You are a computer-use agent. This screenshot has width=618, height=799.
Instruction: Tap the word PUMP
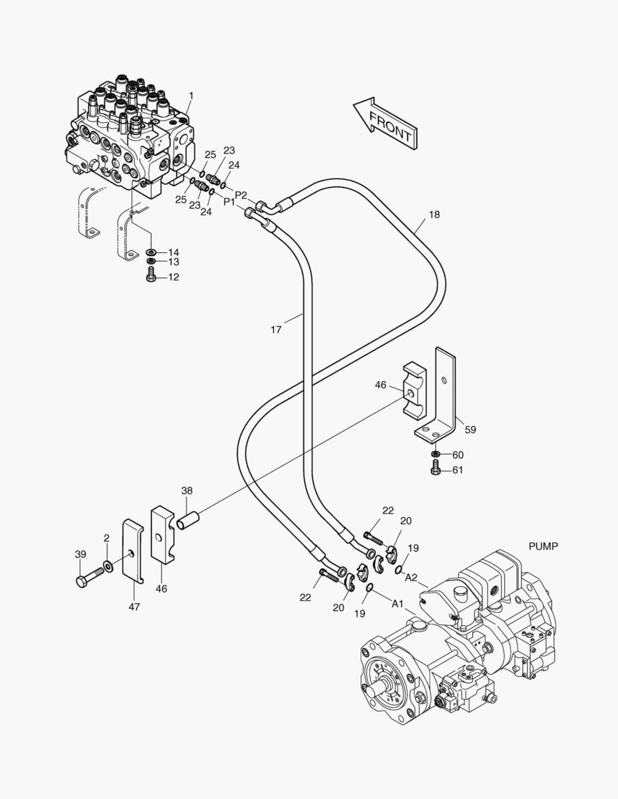click(543, 546)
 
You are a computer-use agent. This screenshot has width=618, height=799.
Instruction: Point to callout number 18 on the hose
click(434, 215)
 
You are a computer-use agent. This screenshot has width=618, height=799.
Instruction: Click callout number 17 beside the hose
click(275, 330)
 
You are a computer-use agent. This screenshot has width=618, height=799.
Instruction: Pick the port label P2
click(241, 195)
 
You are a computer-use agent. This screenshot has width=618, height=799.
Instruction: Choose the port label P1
click(229, 201)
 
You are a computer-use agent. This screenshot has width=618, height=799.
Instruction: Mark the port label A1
click(397, 604)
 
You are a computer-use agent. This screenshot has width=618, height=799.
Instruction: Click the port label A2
click(412, 576)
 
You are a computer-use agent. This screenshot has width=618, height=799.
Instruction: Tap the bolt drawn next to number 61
click(435, 470)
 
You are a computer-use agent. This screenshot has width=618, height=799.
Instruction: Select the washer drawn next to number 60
click(435, 454)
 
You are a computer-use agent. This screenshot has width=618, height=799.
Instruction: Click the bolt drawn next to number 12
click(151, 277)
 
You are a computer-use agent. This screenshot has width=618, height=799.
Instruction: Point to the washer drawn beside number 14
click(151, 252)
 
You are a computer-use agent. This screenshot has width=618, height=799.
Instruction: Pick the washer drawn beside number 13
click(151, 262)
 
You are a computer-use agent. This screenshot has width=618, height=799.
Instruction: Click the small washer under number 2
click(109, 566)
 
